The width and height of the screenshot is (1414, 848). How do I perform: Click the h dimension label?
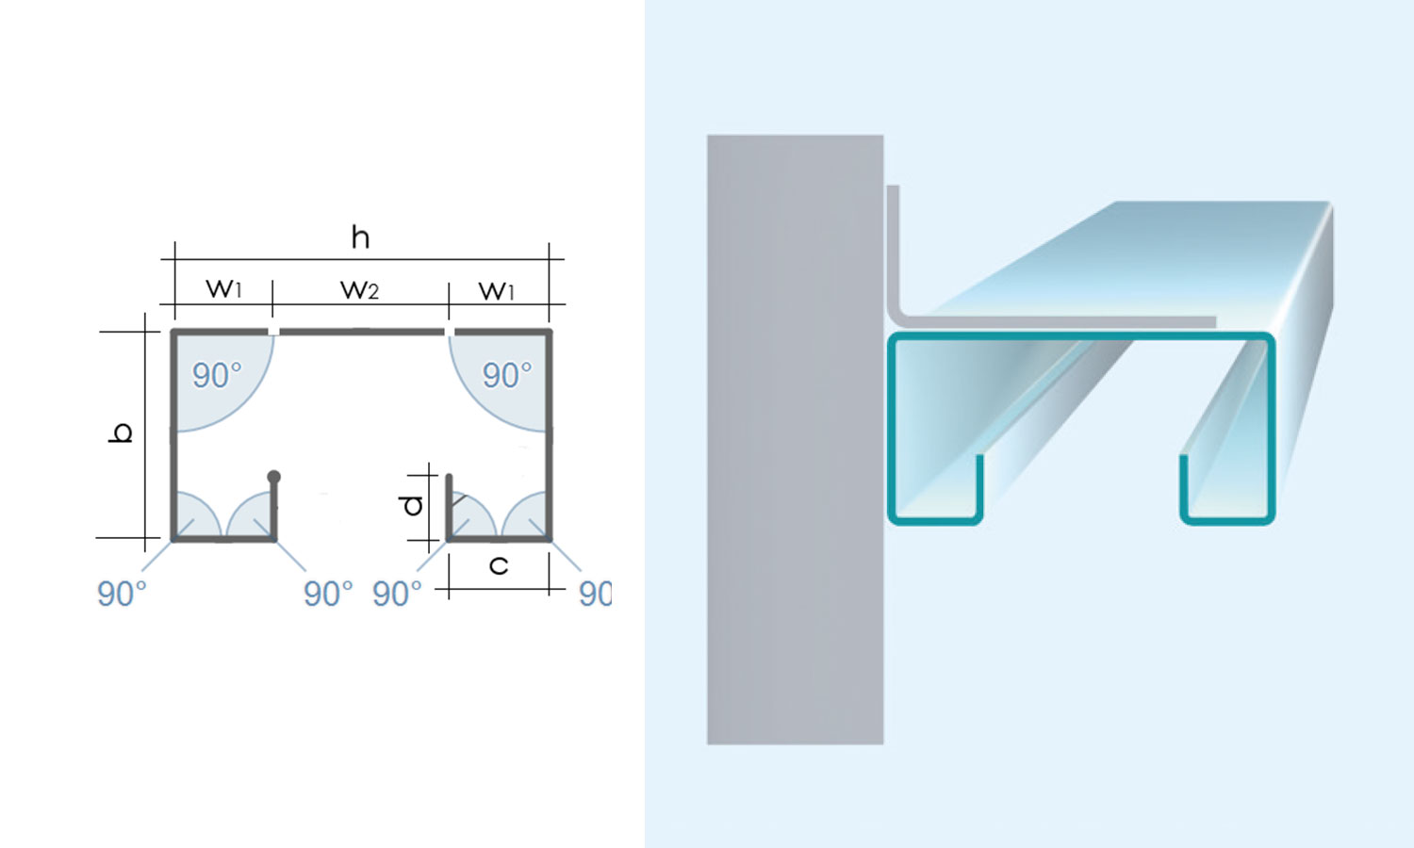click(360, 236)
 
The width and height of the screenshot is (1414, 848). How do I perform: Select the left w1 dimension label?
click(223, 288)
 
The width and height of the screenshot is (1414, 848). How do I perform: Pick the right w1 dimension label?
click(497, 290)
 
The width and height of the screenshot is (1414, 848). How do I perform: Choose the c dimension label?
click(499, 565)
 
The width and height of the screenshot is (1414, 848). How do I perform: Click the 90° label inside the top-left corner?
click(217, 375)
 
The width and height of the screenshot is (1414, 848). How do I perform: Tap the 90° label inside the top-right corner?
click(507, 375)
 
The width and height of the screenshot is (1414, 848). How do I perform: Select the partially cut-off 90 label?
click(595, 594)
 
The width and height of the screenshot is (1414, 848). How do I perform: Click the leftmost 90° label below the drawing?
click(122, 594)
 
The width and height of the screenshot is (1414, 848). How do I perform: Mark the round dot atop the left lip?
click(273, 477)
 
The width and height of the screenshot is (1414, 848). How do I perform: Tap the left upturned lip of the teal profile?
click(979, 484)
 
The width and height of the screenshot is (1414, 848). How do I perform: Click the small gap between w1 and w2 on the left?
click(273, 332)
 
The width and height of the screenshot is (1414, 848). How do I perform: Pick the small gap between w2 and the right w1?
click(450, 332)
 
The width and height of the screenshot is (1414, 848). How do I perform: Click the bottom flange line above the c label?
click(499, 539)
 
